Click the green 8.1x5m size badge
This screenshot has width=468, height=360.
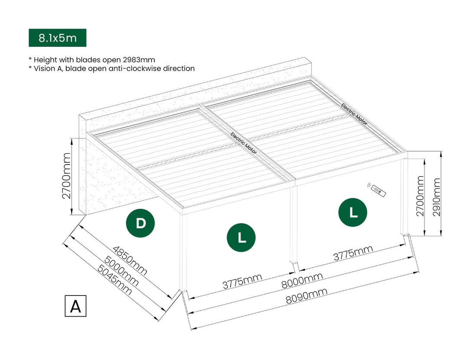[57, 38]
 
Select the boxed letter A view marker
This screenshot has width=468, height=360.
[75, 306]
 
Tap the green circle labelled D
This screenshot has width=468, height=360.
[140, 224]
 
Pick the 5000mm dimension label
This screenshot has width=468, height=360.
[122, 271]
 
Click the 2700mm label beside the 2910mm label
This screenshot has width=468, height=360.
[419, 195]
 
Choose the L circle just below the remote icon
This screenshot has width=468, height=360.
[353, 212]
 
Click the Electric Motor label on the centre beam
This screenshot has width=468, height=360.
[244, 143]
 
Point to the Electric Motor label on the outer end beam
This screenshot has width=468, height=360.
[354, 114]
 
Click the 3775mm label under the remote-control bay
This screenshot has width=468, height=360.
[353, 253]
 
